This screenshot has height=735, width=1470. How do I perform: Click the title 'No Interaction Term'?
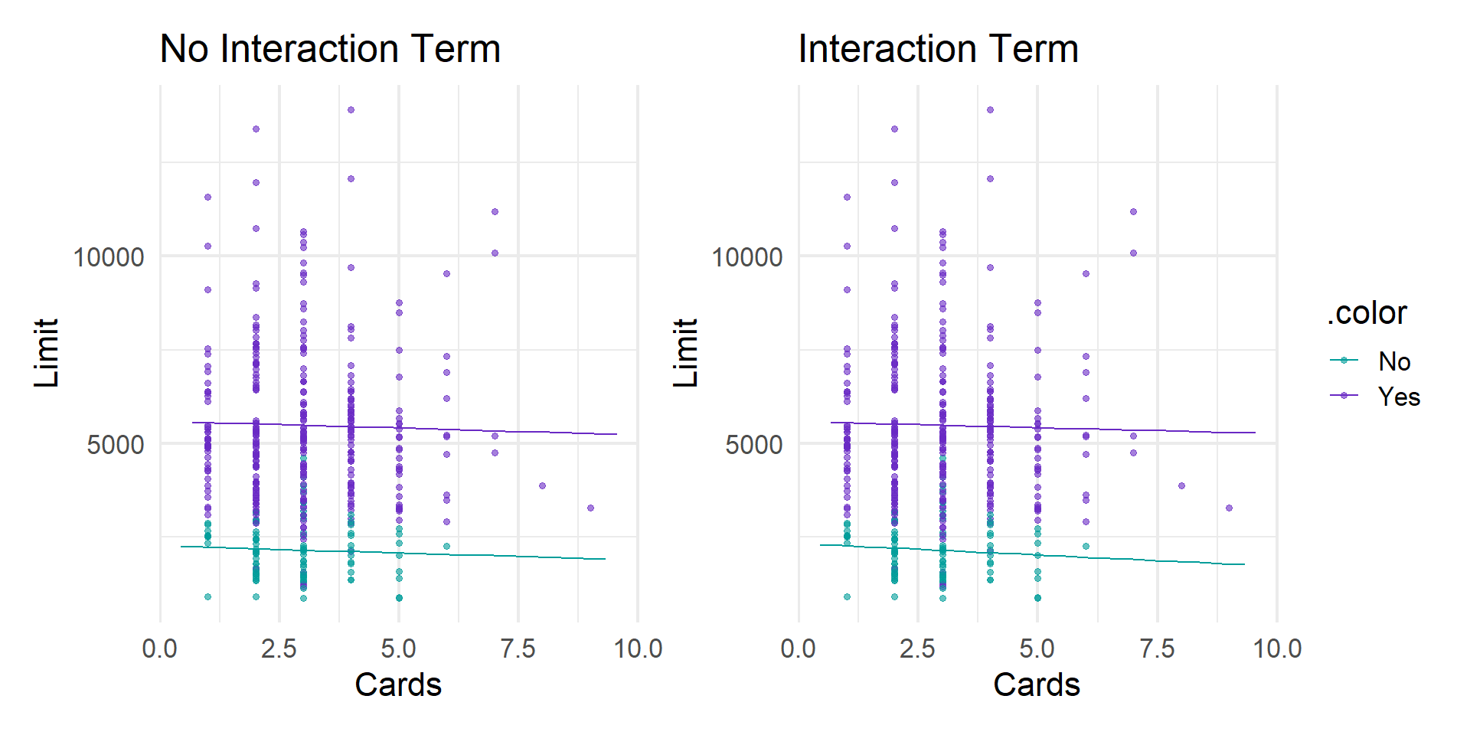(330, 49)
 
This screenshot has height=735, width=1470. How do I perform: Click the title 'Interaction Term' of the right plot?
(938, 49)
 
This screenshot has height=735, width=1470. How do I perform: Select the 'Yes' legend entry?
(1399, 397)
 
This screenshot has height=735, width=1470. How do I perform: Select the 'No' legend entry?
(1394, 361)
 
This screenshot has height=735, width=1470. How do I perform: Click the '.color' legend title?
(1367, 313)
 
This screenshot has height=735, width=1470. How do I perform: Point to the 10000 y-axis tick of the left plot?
(109, 257)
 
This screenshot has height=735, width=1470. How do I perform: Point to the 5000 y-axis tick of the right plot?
(754, 445)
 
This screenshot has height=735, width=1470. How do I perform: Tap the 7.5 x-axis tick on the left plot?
(518, 648)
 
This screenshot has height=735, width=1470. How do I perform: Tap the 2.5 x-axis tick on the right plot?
(918, 648)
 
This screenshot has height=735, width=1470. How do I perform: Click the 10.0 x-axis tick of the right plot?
(1277, 648)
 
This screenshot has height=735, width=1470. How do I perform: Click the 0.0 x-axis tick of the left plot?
(160, 648)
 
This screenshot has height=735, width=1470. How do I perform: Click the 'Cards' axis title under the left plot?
(398, 684)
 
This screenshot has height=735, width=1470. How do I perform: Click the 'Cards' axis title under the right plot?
(1037, 684)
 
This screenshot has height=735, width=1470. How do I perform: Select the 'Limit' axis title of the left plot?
(47, 353)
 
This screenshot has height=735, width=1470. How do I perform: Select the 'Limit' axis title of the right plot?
(685, 353)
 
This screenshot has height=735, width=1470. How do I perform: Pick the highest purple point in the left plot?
(351, 110)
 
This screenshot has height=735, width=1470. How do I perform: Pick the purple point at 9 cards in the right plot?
(1229, 508)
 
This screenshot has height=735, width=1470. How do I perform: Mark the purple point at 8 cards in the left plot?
(542, 485)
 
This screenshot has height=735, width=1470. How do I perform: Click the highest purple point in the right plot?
(990, 110)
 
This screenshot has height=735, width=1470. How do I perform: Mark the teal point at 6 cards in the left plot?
(446, 546)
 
